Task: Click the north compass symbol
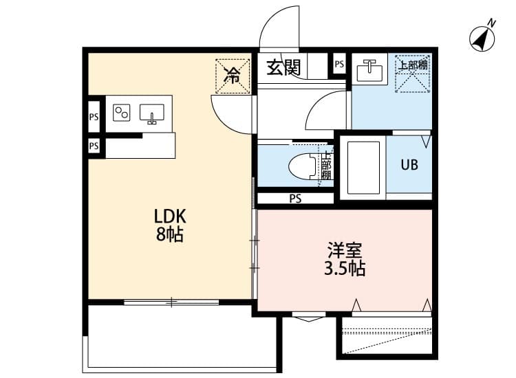[483, 38]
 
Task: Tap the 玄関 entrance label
[283, 67]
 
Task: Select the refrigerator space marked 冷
[233, 74]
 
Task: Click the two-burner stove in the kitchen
[122, 111]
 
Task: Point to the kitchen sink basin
[151, 113]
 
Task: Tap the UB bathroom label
[409, 166]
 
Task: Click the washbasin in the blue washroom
[369, 69]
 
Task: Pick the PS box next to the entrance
[338, 64]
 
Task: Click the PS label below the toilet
[295, 199]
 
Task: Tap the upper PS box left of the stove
[94, 117]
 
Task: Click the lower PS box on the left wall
[94, 146]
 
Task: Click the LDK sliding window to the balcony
[171, 301]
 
